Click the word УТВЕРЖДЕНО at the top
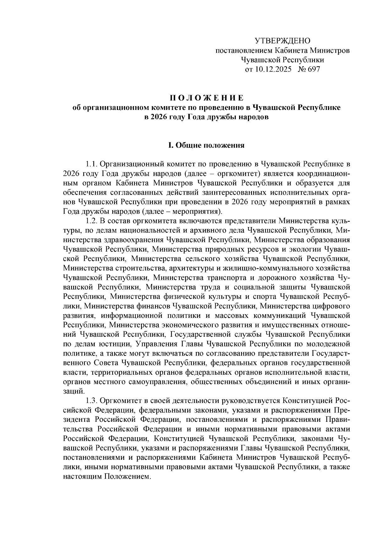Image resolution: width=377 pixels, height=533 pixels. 282,41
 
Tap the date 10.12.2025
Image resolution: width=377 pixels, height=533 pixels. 274,69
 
